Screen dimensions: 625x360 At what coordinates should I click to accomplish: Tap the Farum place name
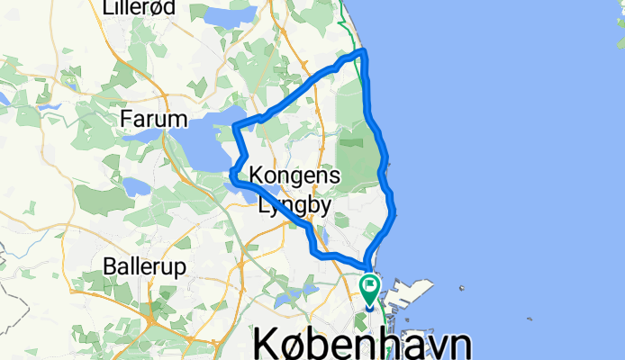pyautogui.click(x=153, y=119)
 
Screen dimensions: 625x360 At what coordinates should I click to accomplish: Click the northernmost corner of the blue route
pyautogui.click(x=363, y=54)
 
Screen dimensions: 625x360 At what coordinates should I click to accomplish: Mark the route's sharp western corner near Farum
pyautogui.click(x=235, y=126)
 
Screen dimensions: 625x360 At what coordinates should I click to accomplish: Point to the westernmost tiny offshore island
pyautogui.click(x=462, y=289)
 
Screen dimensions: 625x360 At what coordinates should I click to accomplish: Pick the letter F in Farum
pyautogui.click(x=128, y=119)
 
